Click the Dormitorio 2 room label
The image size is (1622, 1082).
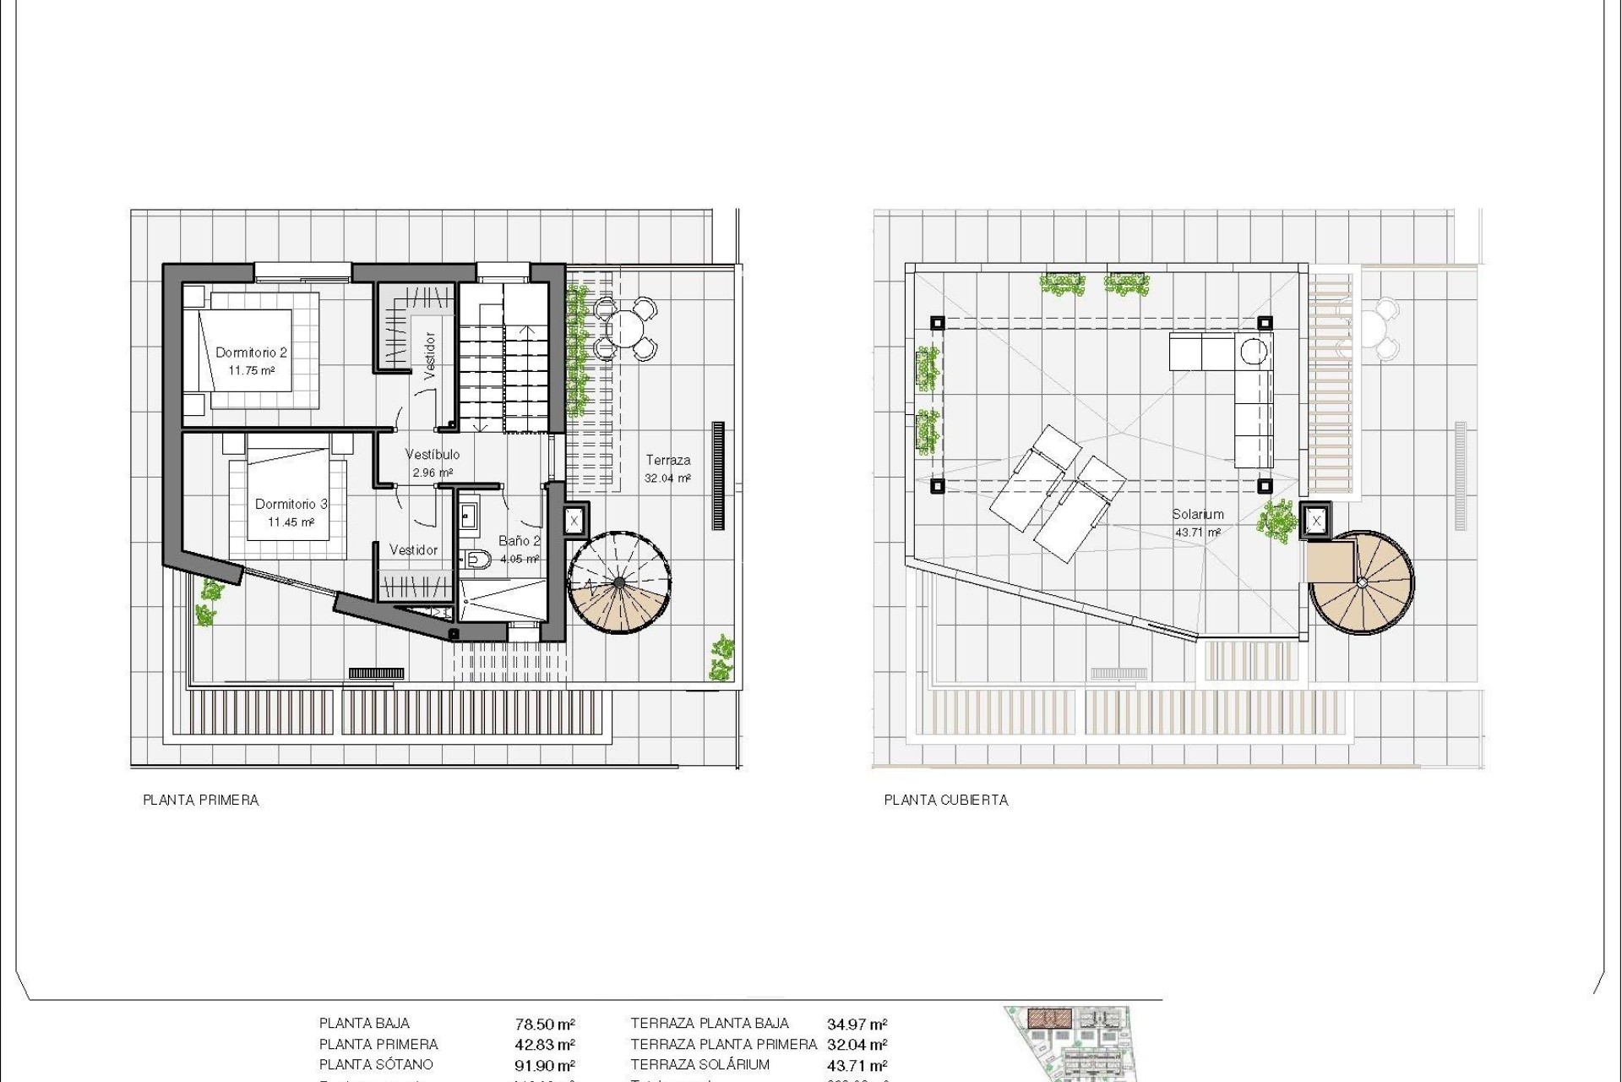click(x=251, y=352)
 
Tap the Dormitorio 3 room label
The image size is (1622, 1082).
click(x=291, y=504)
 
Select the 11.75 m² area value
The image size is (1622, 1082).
click(x=251, y=370)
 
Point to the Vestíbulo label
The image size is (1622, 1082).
click(x=433, y=455)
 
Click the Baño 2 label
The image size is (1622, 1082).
click(x=519, y=541)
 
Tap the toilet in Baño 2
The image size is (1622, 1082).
click(x=478, y=558)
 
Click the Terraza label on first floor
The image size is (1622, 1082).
click(x=667, y=461)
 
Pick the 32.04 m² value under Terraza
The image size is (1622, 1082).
click(x=667, y=478)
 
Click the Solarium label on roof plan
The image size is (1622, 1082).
click(x=1197, y=514)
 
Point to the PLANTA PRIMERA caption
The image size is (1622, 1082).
click(x=201, y=800)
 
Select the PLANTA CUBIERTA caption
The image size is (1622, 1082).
click(x=946, y=800)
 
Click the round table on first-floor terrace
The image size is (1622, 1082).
click(x=625, y=326)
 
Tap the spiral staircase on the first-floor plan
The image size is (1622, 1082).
click(x=620, y=582)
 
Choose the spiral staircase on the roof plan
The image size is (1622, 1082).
click(x=1361, y=582)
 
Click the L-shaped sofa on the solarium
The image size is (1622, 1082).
click(x=1233, y=380)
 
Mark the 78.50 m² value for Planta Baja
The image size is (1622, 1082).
click(x=545, y=1025)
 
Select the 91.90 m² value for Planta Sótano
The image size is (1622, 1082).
click(x=545, y=1065)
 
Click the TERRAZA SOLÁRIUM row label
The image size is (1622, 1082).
click(x=699, y=1065)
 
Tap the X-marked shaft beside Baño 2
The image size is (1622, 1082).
click(x=574, y=521)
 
